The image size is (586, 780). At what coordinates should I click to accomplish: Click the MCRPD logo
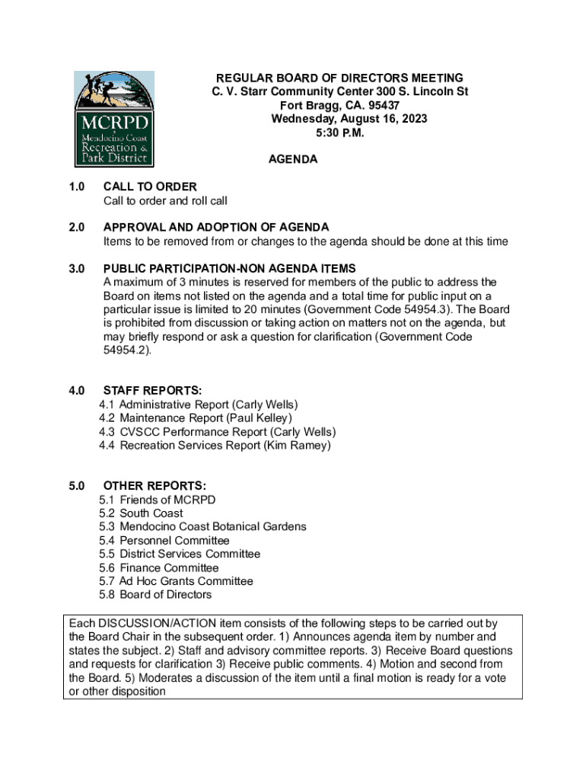coord(113,119)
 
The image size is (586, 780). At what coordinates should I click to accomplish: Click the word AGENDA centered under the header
coord(293,160)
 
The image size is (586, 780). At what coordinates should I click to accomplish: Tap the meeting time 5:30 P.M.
coord(340,133)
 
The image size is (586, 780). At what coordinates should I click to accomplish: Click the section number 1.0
coord(76,187)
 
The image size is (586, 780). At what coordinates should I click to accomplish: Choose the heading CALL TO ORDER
coord(150,187)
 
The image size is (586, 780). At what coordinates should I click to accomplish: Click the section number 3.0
coord(76,268)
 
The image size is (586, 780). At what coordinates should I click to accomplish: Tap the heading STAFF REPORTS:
coord(152,391)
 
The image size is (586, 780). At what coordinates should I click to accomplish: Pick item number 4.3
coord(107,432)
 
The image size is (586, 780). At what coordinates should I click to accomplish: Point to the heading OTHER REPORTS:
coord(154,486)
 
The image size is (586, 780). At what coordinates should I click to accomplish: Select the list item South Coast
coord(151,513)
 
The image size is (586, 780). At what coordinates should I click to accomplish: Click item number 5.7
coord(107,581)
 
